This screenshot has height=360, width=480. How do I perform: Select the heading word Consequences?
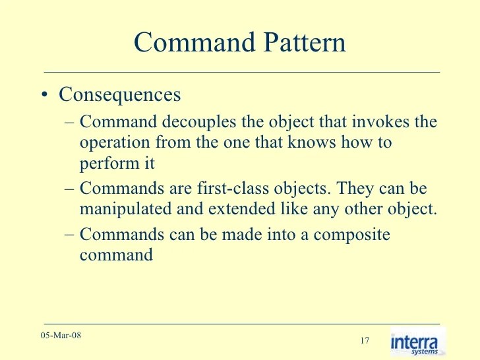point(119,94)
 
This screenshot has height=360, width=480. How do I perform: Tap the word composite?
point(351,235)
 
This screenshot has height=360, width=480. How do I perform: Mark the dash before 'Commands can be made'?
point(70,235)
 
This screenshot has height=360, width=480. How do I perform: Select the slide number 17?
point(365,341)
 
